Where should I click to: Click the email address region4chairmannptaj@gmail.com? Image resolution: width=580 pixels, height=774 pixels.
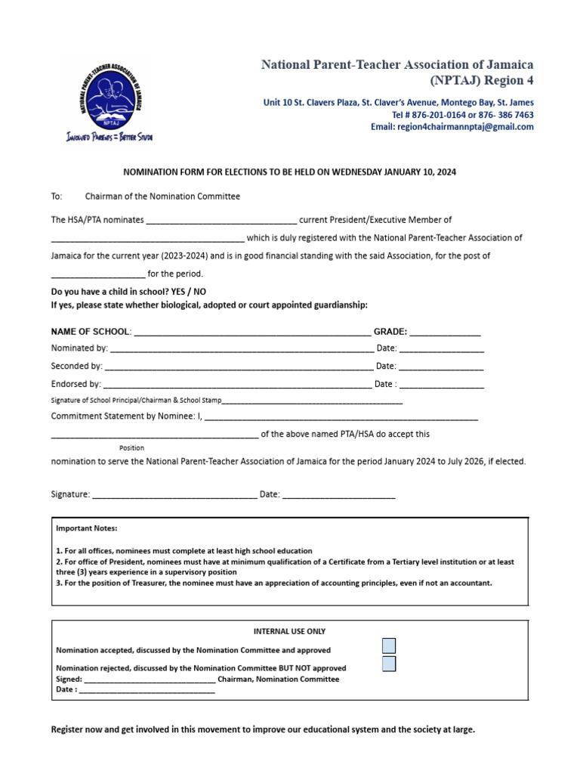click(464, 127)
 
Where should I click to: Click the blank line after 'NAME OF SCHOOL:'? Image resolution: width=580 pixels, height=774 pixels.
click(251, 332)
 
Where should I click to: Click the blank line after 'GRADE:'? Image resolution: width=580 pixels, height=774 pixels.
click(445, 332)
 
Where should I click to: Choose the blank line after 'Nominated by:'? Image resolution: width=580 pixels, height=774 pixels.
click(242, 349)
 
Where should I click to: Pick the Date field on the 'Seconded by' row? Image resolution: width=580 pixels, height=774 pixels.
click(441, 367)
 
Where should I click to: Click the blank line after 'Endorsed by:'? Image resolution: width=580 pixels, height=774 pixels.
click(237, 385)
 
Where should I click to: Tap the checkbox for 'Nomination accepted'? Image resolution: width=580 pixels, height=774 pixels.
click(389, 646)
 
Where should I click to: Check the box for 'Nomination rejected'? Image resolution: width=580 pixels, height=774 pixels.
click(389, 664)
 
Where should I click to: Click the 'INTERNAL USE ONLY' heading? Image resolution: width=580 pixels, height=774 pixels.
click(290, 631)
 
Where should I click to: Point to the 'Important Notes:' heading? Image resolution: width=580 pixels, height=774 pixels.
click(87, 528)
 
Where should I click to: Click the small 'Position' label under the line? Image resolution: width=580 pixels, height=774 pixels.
click(131, 448)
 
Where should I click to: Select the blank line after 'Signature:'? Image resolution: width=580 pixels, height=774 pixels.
click(174, 495)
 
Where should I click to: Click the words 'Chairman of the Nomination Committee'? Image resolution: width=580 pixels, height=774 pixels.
click(162, 197)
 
